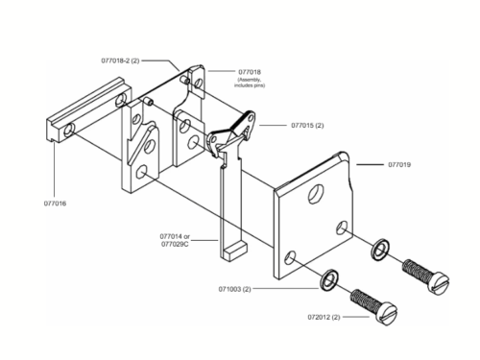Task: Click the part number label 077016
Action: click(55, 204)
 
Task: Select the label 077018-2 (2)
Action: click(120, 60)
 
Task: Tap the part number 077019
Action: click(399, 165)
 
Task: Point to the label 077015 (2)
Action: click(307, 125)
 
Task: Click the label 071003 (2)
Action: click(234, 289)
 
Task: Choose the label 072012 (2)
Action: click(324, 317)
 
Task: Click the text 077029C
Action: click(175, 244)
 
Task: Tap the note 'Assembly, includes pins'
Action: click(250, 83)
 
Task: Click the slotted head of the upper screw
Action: click(439, 282)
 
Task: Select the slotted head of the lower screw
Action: click(386, 314)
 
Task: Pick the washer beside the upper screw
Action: click(379, 250)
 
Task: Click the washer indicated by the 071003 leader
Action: click(328, 280)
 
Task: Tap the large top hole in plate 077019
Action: click(315, 193)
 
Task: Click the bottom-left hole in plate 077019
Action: click(290, 257)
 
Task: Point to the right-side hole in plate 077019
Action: click(342, 227)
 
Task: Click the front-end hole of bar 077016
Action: click(68, 131)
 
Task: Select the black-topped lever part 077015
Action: click(231, 132)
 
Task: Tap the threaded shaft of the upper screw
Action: click(417, 270)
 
